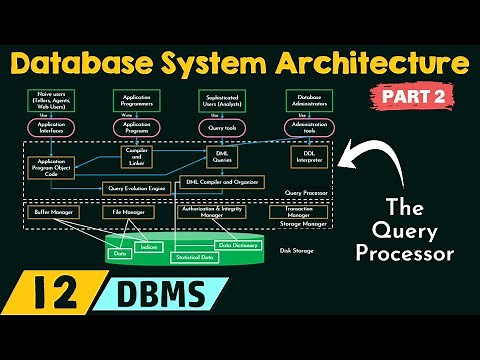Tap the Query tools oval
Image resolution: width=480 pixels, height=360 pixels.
[222, 129]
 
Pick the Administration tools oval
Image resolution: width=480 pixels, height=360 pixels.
[307, 128]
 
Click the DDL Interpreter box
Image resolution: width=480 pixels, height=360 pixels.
[307, 157]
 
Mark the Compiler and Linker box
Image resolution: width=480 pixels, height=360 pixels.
[136, 157]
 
